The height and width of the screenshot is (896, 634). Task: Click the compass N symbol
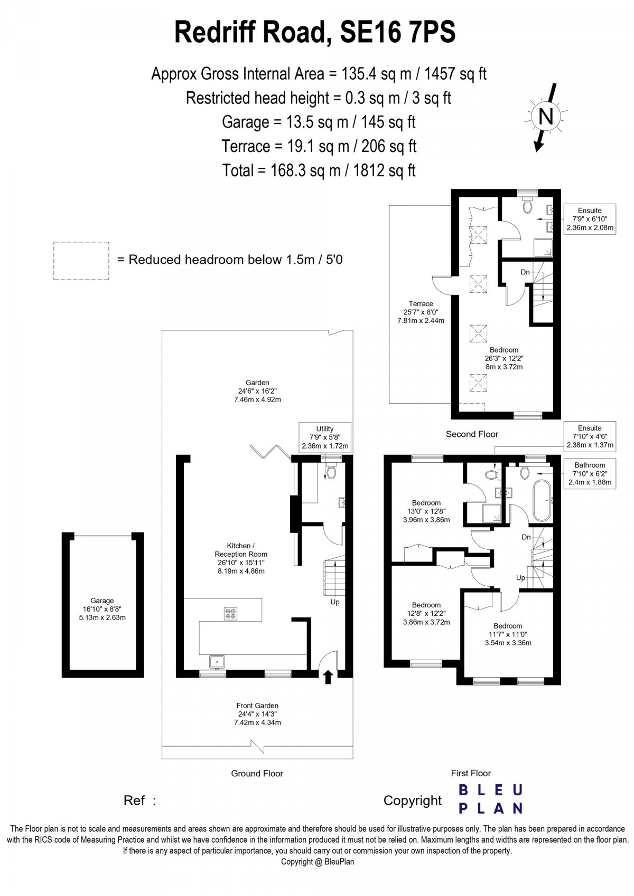pos(545,116)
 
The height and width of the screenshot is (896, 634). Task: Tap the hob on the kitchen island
pos(231,614)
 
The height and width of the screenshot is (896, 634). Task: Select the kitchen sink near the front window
pos(217,661)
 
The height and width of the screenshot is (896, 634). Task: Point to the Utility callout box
pos(325,437)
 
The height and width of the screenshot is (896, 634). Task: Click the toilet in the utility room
pos(331,471)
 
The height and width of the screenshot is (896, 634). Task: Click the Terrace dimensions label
pos(421,312)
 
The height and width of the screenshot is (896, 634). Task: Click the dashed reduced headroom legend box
pos(81,261)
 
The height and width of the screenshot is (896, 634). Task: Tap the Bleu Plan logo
pos(490,799)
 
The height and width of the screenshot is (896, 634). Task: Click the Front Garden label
pos(257,713)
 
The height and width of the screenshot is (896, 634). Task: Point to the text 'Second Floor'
pos(472,434)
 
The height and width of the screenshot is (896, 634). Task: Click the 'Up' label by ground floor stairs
pos(335,602)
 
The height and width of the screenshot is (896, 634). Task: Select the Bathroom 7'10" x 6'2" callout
pos(590,473)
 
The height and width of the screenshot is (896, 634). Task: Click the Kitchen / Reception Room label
pos(241,558)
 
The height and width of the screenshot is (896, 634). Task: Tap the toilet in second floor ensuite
pos(527,206)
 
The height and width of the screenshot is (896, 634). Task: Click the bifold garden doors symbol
pos(270,452)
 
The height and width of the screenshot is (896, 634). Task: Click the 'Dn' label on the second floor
pos(525,272)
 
